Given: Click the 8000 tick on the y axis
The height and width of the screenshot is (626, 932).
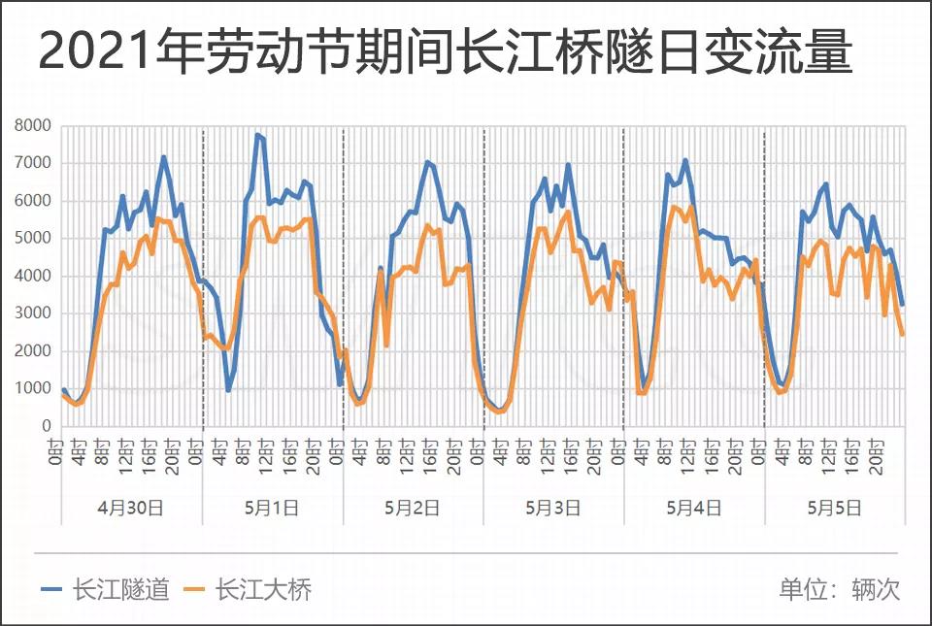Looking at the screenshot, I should click(33, 125).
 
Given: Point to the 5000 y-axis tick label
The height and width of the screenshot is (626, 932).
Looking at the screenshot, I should click(33, 238).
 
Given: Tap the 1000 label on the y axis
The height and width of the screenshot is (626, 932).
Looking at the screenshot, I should click(33, 388).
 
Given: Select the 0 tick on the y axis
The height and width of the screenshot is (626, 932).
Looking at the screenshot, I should click(46, 426).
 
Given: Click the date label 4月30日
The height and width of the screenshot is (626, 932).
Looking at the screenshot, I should click(132, 507).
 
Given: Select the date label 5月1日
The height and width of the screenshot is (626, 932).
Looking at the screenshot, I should click(273, 507).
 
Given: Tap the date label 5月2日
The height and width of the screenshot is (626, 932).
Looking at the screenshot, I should click(413, 507).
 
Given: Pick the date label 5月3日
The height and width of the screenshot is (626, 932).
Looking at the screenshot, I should click(553, 507).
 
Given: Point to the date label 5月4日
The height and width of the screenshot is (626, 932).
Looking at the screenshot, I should click(694, 507).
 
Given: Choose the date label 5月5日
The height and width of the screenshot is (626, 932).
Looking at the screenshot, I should click(835, 507).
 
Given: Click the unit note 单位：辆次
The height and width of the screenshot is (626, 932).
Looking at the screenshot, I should click(839, 589).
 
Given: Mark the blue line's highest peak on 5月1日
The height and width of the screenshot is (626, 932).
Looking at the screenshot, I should click(257, 135).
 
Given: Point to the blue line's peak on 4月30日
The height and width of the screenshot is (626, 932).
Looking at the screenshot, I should click(163, 157).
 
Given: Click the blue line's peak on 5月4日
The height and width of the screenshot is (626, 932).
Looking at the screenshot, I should click(685, 160).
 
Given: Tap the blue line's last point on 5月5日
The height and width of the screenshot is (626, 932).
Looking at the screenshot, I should click(902, 305).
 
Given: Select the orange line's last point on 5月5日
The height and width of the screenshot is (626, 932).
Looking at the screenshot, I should click(902, 335).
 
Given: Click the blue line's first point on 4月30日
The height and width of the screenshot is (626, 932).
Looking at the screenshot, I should click(63, 389).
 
